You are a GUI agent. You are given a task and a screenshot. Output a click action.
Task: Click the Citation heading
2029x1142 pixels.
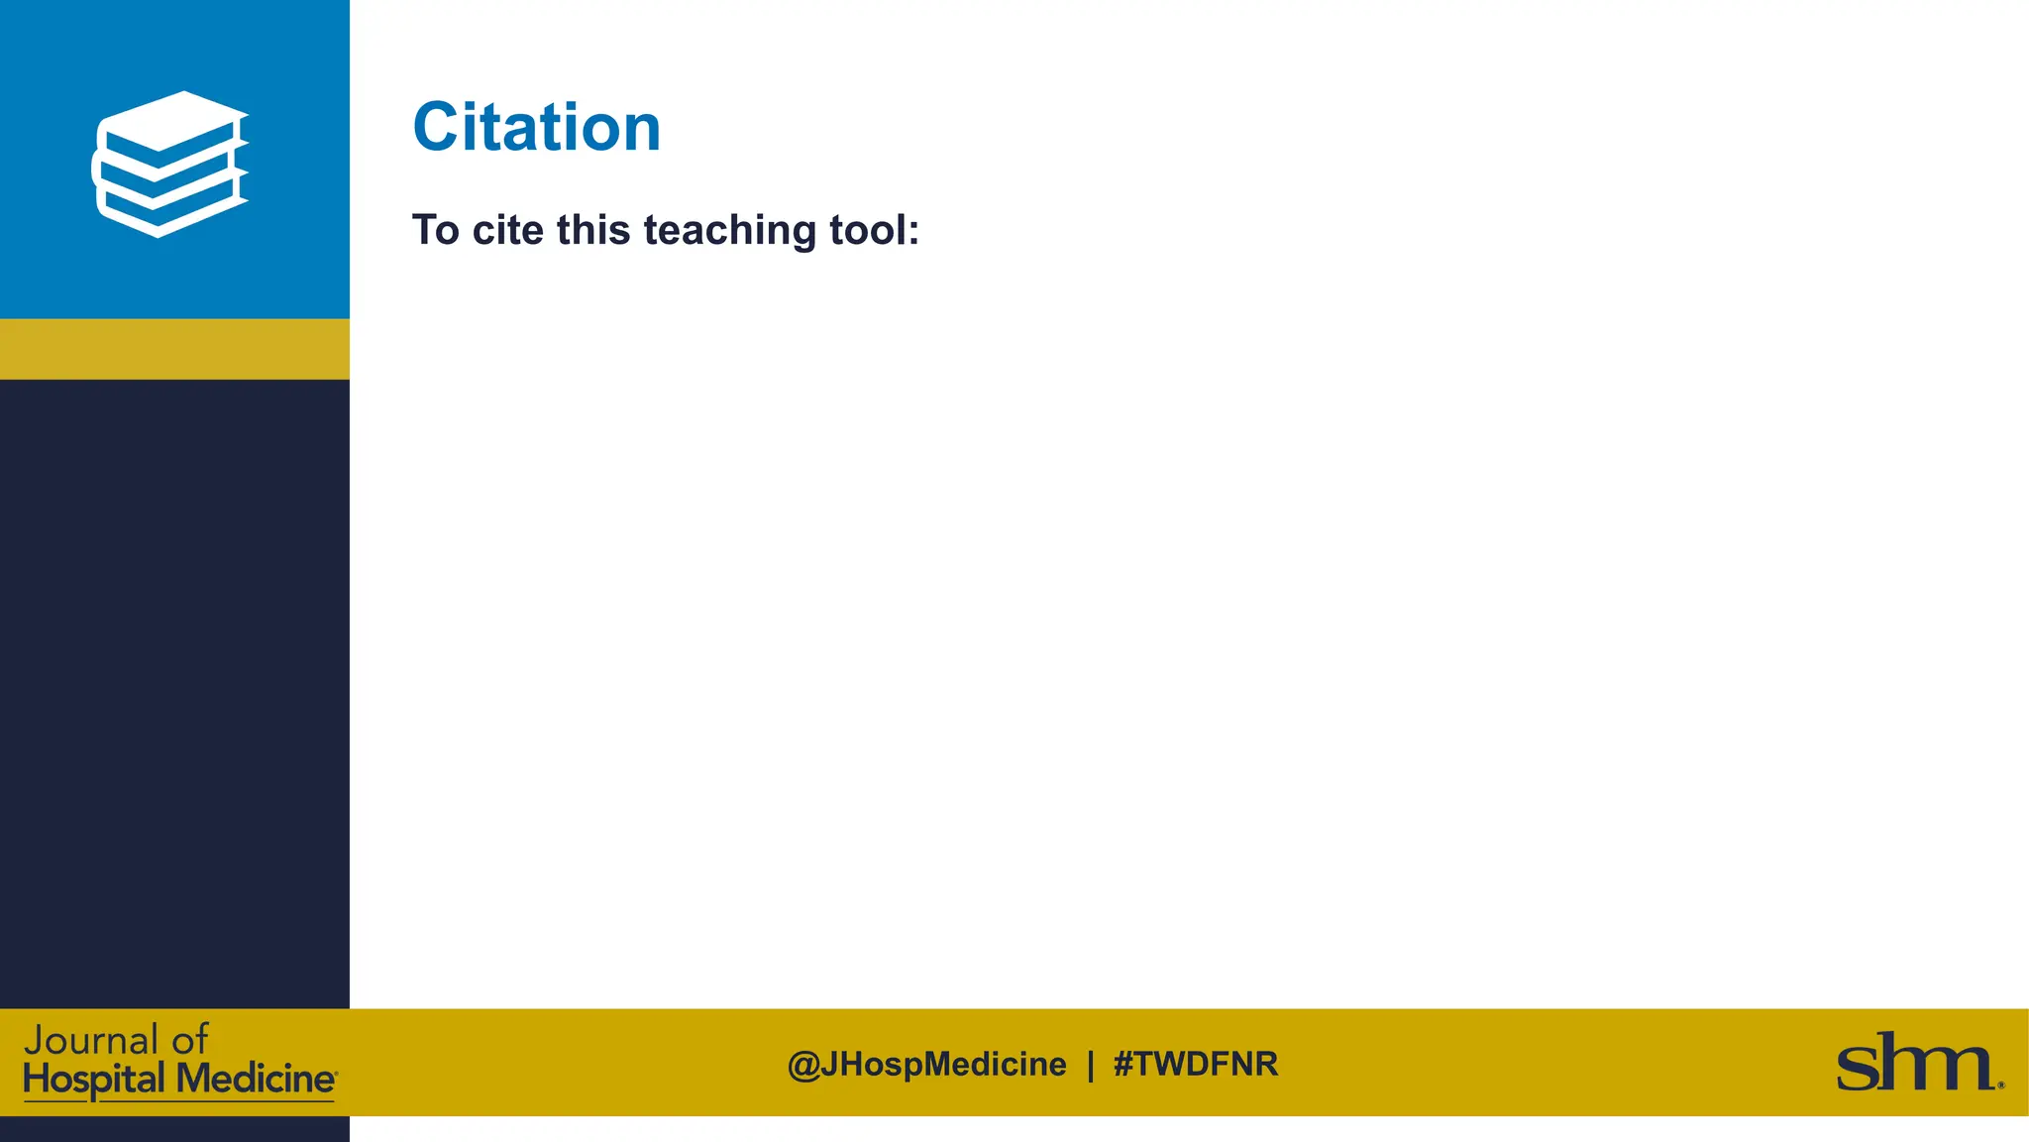(x=536, y=128)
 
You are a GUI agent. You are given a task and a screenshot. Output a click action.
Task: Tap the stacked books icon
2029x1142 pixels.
(x=170, y=164)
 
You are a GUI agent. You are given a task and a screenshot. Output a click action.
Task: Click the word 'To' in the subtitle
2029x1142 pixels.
(x=436, y=230)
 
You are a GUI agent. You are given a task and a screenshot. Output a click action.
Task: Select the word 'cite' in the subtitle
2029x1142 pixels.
(x=507, y=230)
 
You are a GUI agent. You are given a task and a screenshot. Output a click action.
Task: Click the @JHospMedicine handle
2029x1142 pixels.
(x=926, y=1065)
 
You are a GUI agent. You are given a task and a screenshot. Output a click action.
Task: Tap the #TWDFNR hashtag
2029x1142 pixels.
(x=1196, y=1065)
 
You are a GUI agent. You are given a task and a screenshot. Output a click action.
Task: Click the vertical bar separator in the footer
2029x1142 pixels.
(x=1091, y=1065)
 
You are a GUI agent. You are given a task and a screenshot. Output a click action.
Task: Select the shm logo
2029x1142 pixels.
(x=1918, y=1063)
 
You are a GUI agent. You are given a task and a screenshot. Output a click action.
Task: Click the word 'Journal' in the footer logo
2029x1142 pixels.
(x=91, y=1041)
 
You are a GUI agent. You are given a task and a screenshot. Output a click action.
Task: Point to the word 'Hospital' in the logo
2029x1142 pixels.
(x=94, y=1080)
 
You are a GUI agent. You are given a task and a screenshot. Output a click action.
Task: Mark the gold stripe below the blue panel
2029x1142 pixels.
(x=174, y=349)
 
